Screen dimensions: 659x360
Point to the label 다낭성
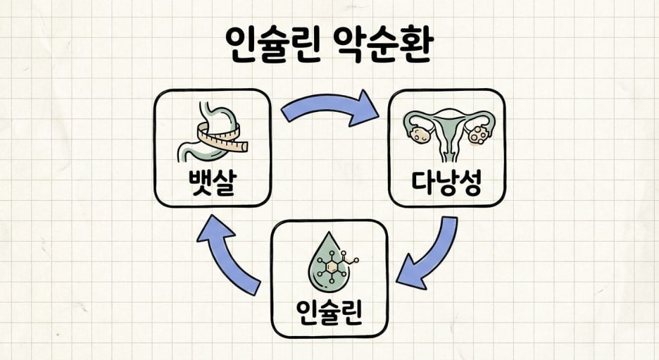pos(446,183)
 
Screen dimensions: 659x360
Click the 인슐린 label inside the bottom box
pos(329,313)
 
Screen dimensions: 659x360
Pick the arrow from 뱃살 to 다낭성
pos(324,106)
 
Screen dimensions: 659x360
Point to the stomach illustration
pos(210,130)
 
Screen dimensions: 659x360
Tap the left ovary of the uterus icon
pos(421,134)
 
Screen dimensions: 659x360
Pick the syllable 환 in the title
pos(415,45)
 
